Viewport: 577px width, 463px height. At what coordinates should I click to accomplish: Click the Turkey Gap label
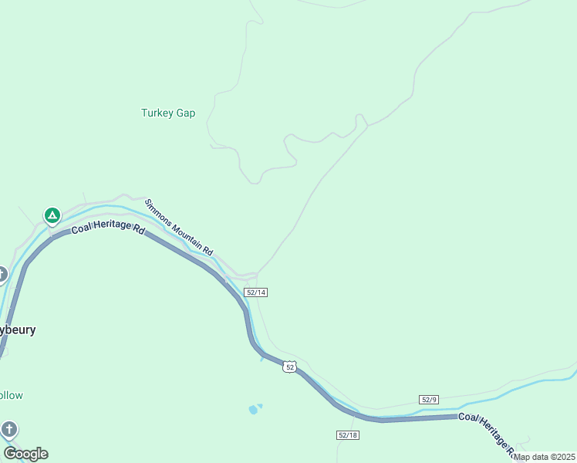[168, 113]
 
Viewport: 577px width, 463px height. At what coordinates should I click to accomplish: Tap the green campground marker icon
[52, 215]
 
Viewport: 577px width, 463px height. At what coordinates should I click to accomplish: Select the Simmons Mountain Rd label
[178, 227]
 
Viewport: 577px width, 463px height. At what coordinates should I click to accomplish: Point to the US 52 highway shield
[289, 367]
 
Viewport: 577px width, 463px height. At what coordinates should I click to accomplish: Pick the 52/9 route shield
[430, 399]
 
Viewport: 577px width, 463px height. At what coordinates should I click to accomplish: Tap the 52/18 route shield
[348, 435]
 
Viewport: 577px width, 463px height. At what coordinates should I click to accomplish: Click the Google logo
[25, 454]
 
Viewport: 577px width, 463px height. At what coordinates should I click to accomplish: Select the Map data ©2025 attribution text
[544, 457]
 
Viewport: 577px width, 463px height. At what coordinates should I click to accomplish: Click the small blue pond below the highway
[254, 409]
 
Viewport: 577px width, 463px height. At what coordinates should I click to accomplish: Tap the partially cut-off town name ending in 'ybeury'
[18, 330]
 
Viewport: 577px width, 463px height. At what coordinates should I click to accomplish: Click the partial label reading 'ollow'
[12, 395]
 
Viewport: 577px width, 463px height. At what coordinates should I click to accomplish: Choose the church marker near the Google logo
[8, 429]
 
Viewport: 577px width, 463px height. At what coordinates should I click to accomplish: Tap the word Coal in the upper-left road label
[82, 230]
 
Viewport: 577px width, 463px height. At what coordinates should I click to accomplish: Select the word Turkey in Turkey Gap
[157, 113]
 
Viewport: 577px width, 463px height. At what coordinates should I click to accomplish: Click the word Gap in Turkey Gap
[186, 113]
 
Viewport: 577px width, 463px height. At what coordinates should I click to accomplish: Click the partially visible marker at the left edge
[2, 274]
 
